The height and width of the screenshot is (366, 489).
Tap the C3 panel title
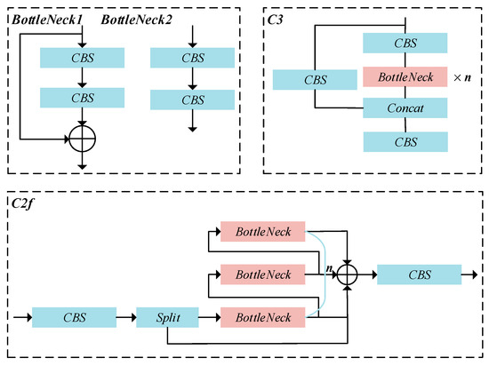point(277,19)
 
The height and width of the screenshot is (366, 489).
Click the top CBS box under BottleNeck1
point(83,58)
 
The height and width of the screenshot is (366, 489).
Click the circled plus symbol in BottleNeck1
point(83,139)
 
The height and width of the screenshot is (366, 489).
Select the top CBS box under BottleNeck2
point(193,58)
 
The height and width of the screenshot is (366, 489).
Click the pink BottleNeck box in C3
point(405,77)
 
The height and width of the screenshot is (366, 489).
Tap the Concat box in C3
point(405,108)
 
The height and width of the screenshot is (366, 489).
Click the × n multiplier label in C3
point(462,78)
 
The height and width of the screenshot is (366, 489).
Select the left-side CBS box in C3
point(315,78)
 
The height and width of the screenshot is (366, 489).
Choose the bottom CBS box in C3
point(405,141)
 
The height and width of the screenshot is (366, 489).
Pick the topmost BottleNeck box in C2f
point(262,233)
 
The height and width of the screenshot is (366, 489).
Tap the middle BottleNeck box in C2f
point(262,275)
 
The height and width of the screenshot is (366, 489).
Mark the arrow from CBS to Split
point(126,317)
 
